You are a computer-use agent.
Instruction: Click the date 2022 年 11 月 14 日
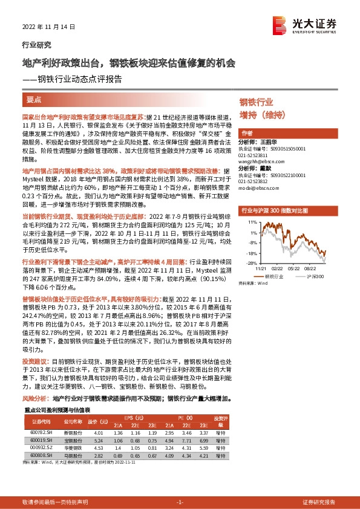[45, 28]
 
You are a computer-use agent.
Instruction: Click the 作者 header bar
[247, 132]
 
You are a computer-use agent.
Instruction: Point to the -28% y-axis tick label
[252, 262]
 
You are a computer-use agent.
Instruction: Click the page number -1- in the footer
[180, 502]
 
